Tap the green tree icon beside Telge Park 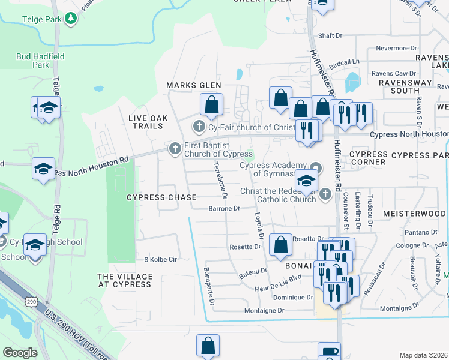tap(71, 19)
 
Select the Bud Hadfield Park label tap(33, 60)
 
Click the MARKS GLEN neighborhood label tap(194, 86)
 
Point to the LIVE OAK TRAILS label tap(146, 122)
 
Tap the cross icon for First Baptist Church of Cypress tap(175, 148)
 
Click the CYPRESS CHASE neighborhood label tap(161, 197)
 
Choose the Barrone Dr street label tap(224, 209)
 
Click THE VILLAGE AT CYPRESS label tap(125, 280)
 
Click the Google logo tap(20, 353)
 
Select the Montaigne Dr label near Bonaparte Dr tap(264, 310)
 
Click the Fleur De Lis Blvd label tap(279, 278)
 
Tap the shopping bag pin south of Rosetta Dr tap(280, 245)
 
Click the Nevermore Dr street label tap(396, 47)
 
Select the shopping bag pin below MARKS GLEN tap(211, 104)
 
